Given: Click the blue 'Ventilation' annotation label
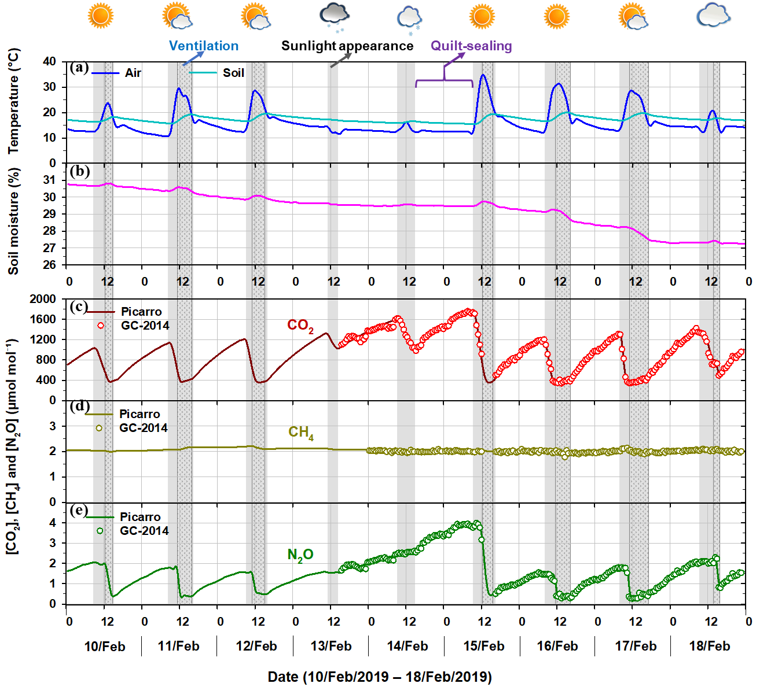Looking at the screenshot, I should pos(204,46).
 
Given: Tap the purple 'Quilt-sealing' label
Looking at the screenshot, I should pos(471,46).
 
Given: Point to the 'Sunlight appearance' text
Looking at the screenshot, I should pos(347,46).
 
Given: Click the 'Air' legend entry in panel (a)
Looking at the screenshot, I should pos(133,73).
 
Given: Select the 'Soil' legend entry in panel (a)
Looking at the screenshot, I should pos(233,73).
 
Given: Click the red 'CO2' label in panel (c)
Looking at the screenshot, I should pos(300,326).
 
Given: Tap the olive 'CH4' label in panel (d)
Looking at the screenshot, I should pos(301,433).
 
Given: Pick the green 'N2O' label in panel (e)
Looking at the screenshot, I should pos(300,555).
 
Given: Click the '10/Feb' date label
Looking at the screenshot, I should pos(105,647).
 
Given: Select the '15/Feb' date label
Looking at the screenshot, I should pos(484,647).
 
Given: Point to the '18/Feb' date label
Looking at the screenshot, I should pos(710,647).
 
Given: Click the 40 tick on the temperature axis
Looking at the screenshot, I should pos(50,62).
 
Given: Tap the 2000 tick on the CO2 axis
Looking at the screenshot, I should pos(43,299).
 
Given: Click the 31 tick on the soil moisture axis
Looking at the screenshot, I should pos(50,180).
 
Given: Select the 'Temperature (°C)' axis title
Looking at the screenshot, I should pos(13,101).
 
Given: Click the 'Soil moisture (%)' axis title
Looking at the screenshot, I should pos(13,221).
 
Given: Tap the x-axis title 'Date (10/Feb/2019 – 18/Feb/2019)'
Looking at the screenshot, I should pos(380,677).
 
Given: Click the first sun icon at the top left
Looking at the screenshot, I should pos(101,16).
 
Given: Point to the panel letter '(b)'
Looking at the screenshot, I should pos(79,171).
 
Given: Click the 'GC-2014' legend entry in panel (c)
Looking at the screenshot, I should pos(145,326).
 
